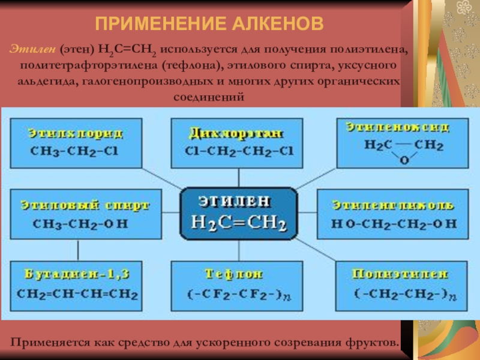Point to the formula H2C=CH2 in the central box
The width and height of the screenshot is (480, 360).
[238, 223]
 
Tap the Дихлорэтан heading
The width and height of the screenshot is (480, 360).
[235, 131]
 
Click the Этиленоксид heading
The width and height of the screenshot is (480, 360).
[398, 127]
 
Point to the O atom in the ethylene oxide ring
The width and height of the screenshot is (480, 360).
[403, 160]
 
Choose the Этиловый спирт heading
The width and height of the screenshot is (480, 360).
[84, 205]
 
